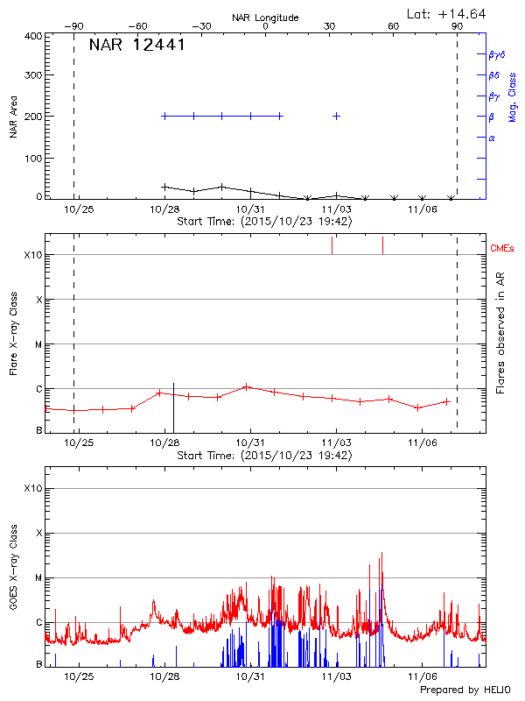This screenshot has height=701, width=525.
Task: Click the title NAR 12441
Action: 136,46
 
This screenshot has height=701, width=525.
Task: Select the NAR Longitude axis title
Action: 265,18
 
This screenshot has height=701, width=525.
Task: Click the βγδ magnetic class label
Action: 495,54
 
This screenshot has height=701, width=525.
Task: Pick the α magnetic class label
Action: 492,138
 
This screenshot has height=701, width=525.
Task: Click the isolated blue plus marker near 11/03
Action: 336,116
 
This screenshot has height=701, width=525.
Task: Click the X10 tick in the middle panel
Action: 32,255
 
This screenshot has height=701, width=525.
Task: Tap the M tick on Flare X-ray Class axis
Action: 38,344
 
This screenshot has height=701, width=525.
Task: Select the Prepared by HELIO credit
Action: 464,690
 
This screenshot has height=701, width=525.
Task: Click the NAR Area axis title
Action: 14,117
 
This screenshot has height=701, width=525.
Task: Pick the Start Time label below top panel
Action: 264,222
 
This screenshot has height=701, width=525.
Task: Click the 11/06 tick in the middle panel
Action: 422,443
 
